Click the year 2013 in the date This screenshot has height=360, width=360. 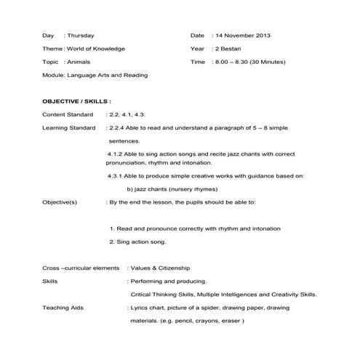pos(260,35)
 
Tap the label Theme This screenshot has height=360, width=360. pos(52,48)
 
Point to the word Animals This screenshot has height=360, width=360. pos(79,62)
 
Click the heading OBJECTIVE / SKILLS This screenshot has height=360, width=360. pos(77,101)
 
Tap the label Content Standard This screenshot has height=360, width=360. pos(68,114)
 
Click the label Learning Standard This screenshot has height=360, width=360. pos(69,128)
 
